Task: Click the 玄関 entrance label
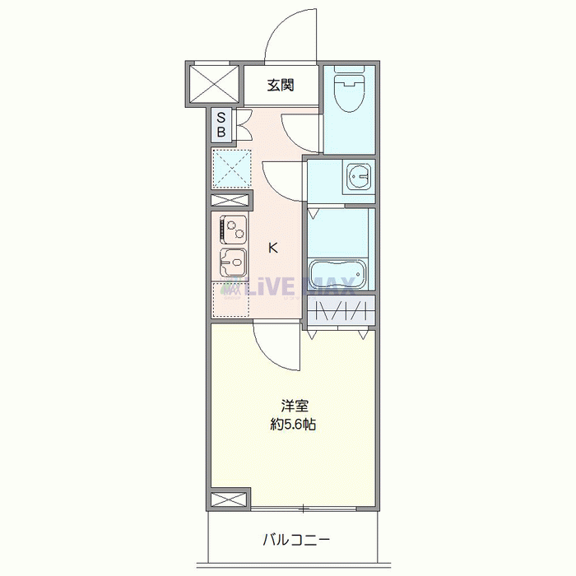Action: [281, 85]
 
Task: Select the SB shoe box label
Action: [221, 125]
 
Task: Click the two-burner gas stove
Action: [233, 227]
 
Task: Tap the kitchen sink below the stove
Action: [233, 262]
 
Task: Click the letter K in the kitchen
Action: [273, 247]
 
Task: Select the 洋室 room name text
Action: [294, 406]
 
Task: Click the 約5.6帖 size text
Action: [294, 425]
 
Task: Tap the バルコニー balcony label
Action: [296, 540]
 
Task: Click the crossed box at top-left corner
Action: [214, 83]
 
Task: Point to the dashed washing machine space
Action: [231, 169]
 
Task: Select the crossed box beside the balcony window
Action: [228, 499]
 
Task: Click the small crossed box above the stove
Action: [230, 201]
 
